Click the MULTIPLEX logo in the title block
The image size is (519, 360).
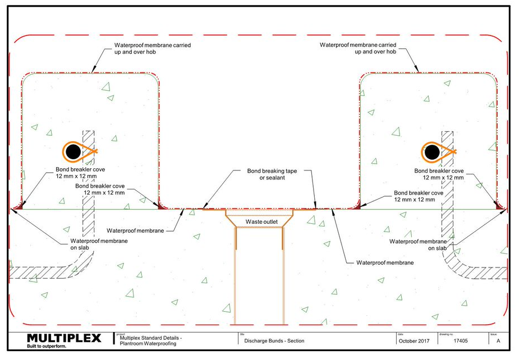click(64, 338)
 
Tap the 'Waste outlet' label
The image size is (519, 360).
click(261, 221)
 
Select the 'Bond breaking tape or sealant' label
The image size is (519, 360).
click(272, 174)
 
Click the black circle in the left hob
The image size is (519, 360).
click(73, 152)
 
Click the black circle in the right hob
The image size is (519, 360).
click(432, 153)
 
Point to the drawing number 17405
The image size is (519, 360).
click(461, 341)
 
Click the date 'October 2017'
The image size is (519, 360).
click(414, 341)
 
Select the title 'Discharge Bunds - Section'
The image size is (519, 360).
click(274, 341)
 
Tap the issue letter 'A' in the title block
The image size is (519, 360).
click(498, 341)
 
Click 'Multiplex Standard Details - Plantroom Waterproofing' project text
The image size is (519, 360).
click(150, 341)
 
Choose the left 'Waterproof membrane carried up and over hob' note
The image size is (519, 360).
click(153, 48)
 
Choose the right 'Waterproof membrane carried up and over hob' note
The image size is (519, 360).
click(358, 48)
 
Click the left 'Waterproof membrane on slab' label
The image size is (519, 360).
click(99, 244)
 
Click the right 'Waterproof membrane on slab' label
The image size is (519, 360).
click(418, 245)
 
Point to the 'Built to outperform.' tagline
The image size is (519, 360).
click(47, 347)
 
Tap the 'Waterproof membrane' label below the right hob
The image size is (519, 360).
click(385, 263)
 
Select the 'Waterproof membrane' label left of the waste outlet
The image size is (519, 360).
click(135, 230)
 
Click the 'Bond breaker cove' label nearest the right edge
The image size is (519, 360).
click(439, 174)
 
